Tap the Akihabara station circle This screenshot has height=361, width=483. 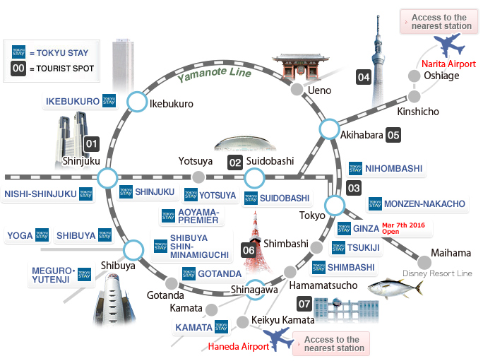(x=329, y=129)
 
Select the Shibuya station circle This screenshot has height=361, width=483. (x=133, y=249)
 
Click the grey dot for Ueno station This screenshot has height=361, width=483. (x=297, y=89)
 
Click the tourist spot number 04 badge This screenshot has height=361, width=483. (x=364, y=77)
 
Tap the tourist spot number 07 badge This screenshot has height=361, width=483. (x=304, y=304)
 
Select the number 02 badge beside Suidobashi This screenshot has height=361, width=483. (x=235, y=162)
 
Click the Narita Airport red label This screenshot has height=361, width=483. (x=448, y=64)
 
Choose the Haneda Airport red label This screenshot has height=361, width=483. (x=238, y=347)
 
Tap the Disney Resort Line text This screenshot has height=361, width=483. (x=436, y=273)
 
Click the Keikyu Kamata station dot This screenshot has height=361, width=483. (x=244, y=322)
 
